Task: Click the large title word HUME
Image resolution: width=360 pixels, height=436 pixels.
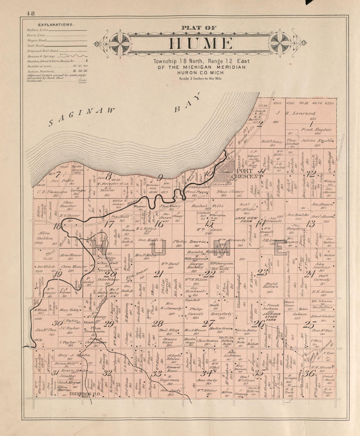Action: [x=201, y=44]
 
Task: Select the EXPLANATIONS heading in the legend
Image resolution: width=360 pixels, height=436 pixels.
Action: [x=56, y=25]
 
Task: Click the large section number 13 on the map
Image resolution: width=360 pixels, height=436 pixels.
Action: [x=310, y=224]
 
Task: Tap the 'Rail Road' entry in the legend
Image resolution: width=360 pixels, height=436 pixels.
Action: [x=35, y=45]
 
